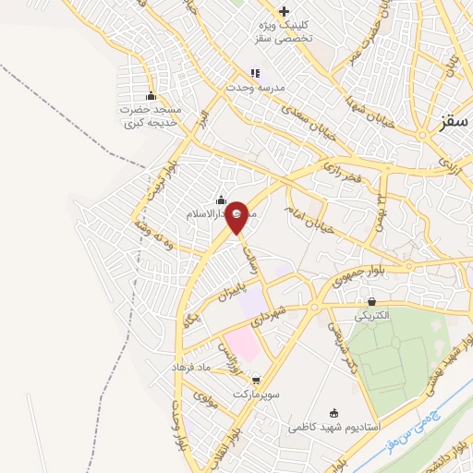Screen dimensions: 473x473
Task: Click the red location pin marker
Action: (237, 216)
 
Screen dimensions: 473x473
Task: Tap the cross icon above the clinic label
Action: (284, 10)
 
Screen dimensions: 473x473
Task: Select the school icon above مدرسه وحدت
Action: (255, 73)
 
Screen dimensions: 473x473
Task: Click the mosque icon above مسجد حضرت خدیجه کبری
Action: (151, 97)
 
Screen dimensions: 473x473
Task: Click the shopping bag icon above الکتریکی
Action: (371, 301)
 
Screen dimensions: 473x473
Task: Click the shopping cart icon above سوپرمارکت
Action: (255, 380)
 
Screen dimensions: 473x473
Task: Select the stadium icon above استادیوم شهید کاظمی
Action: (334, 413)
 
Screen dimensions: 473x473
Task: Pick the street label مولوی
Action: (205, 399)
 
